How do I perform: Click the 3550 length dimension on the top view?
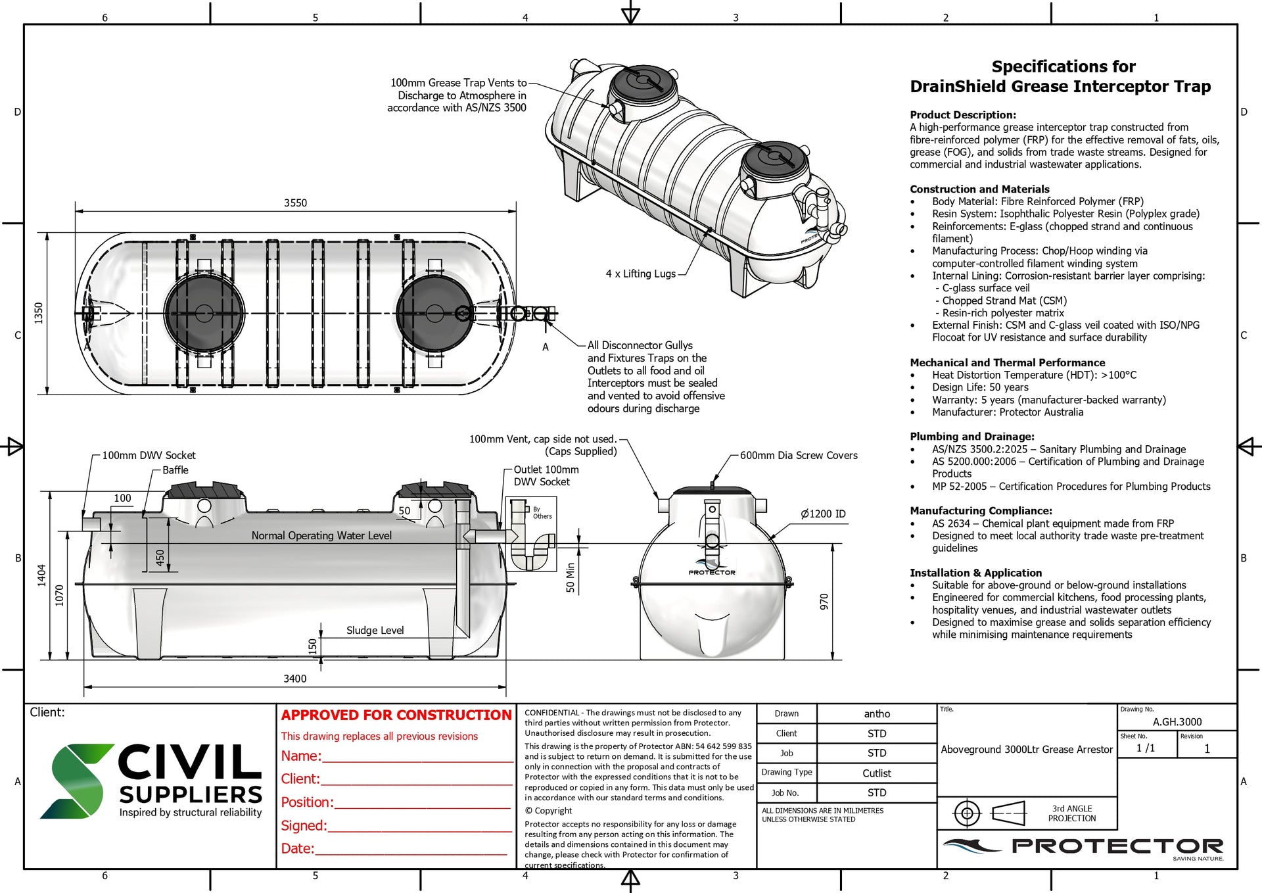(x=295, y=203)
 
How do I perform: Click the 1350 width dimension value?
(x=39, y=313)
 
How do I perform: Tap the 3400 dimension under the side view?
(x=294, y=679)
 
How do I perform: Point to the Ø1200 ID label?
(x=823, y=514)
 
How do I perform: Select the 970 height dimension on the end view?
(x=824, y=602)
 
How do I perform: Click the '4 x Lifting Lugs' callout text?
(x=640, y=274)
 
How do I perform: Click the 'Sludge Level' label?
(x=375, y=630)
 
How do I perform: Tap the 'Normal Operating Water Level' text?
(x=321, y=535)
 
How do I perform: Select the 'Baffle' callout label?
(x=175, y=470)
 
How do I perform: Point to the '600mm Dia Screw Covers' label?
(x=798, y=455)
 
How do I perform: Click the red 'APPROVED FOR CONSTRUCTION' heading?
(x=396, y=715)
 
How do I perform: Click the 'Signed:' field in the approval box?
(x=304, y=825)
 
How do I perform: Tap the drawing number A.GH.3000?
(x=1177, y=721)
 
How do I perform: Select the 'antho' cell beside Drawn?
(x=876, y=713)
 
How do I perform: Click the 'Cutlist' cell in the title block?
(x=876, y=773)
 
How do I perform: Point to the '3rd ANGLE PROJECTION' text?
(x=1071, y=813)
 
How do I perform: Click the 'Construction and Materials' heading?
(x=979, y=189)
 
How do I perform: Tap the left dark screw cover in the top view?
(x=203, y=313)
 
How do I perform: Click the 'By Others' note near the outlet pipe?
(x=542, y=513)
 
